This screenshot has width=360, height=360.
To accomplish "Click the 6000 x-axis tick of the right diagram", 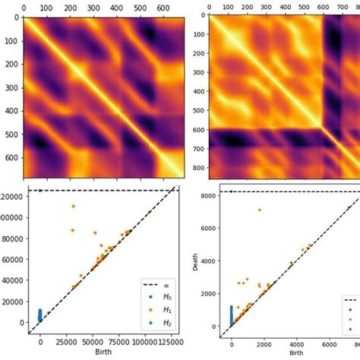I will [x=327, y=343].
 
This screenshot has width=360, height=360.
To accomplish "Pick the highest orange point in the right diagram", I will [x=259, y=210].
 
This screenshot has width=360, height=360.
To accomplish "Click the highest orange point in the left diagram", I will [x=74, y=206].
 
